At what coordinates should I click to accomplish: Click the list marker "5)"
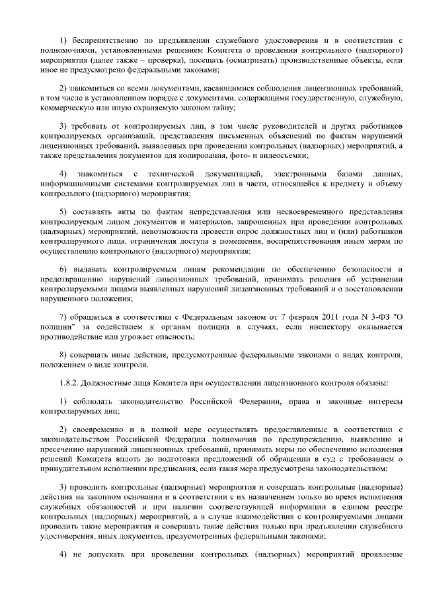(63, 211)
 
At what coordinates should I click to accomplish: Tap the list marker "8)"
(63, 355)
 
